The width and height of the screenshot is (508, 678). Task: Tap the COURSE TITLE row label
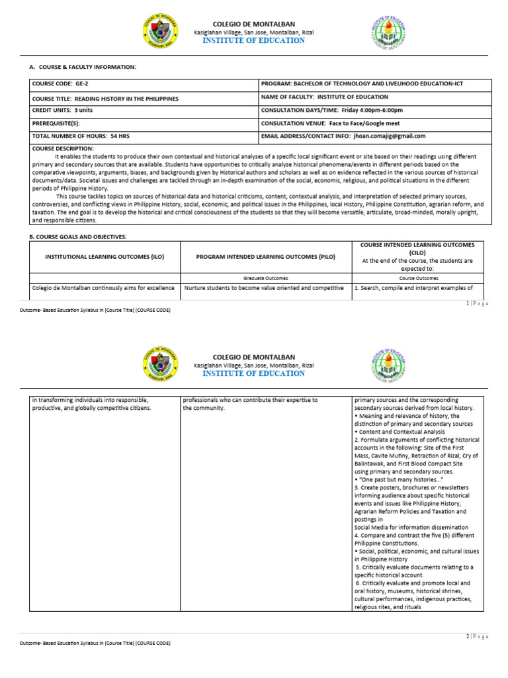pyautogui.click(x=105, y=98)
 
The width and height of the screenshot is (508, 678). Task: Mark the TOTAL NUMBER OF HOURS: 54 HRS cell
pyautogui.click(x=79, y=136)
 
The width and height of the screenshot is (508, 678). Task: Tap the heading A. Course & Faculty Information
pyautogui.click(x=83, y=67)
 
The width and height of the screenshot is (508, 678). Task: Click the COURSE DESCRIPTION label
pyautogui.click(x=63, y=148)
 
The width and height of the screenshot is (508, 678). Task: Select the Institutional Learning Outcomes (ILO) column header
pyautogui.click(x=104, y=257)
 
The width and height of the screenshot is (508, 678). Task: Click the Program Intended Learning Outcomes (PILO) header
pyautogui.click(x=265, y=257)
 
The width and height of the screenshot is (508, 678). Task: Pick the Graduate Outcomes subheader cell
pyautogui.click(x=265, y=278)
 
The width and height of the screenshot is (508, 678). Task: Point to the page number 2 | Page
pyautogui.click(x=477, y=636)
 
